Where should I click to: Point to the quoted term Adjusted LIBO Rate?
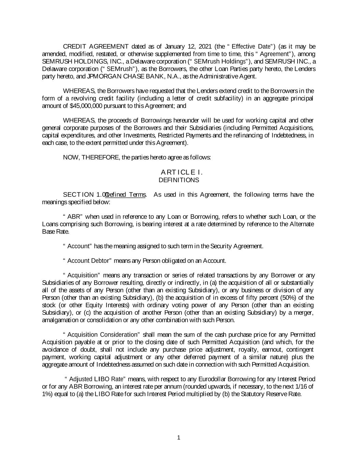pos(97,379)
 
